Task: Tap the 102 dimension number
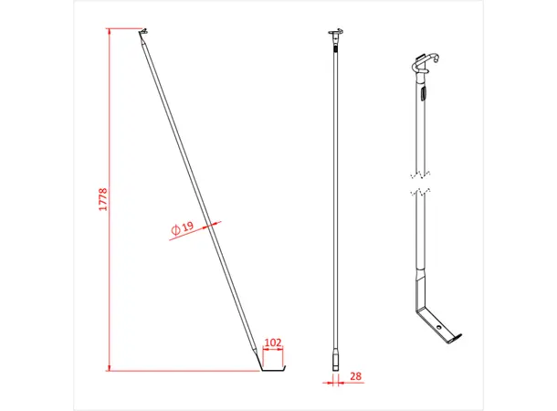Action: [x=272, y=342]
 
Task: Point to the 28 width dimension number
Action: [x=354, y=375]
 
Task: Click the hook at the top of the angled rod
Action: [x=142, y=35]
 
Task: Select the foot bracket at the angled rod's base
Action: [x=272, y=368]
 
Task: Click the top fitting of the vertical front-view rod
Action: [x=334, y=36]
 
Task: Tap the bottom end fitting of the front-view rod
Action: [x=334, y=358]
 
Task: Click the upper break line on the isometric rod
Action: [x=418, y=174]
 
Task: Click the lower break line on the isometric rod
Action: [x=418, y=191]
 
